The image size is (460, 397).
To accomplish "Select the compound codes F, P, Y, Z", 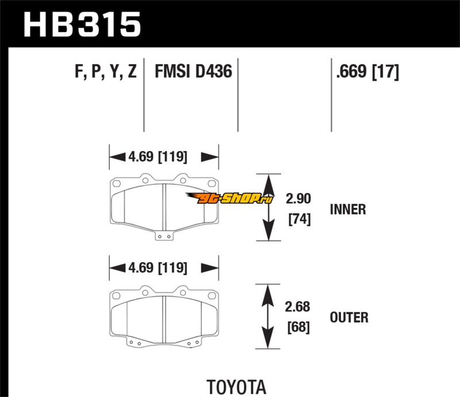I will [x=105, y=72].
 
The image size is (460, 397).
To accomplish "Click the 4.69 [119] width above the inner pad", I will [x=164, y=156].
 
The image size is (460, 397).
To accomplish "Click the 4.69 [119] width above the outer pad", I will [x=164, y=268].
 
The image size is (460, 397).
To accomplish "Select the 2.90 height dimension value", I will [x=298, y=199].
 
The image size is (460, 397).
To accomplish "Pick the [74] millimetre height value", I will [x=298, y=219].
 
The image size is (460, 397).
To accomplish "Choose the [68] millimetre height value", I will [x=298, y=328].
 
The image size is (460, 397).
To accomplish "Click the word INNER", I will [x=347, y=209].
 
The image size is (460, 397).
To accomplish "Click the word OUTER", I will [x=349, y=317].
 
